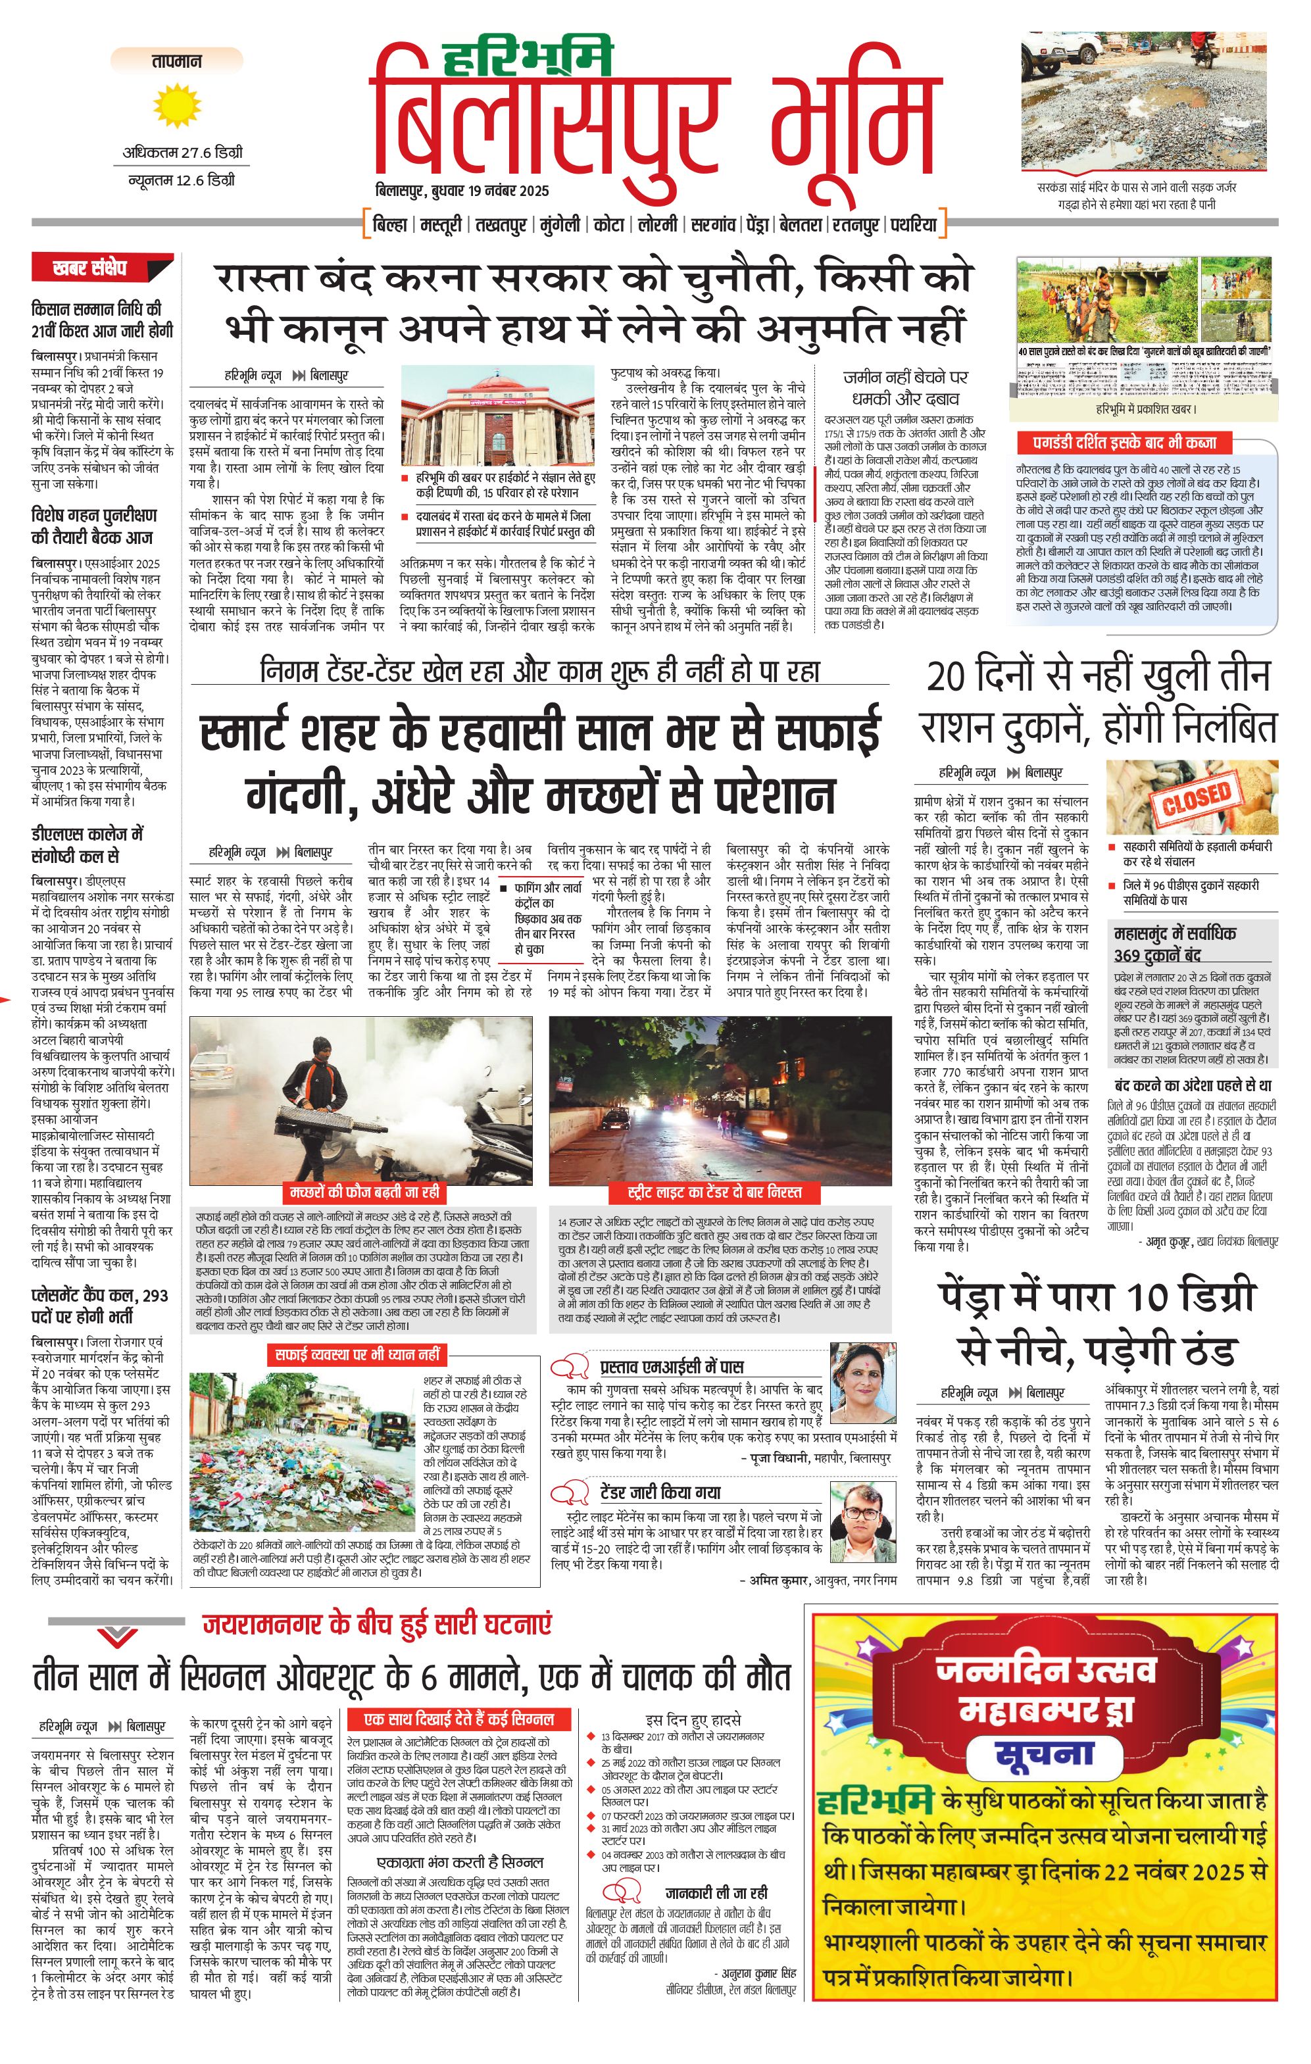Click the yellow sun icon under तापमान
point(178,107)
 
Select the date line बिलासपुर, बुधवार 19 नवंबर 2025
point(462,190)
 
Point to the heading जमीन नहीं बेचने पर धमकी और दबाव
point(904,387)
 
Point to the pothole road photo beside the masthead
point(1144,102)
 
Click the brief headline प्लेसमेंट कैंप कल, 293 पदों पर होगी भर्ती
point(99,1304)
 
